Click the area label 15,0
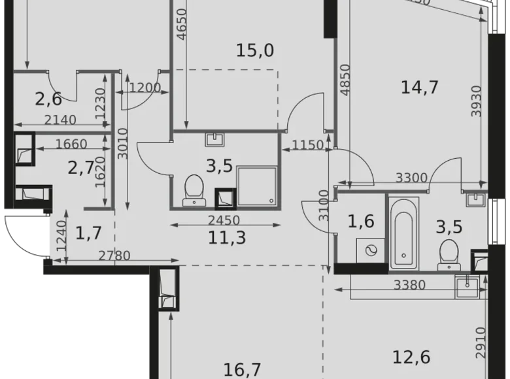click(x=255, y=50)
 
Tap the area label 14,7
click(x=418, y=86)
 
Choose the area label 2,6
click(x=48, y=99)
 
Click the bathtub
click(x=405, y=235)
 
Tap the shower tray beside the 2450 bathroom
click(x=256, y=186)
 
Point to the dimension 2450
click(x=223, y=220)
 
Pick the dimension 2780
click(x=113, y=255)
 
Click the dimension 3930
click(x=478, y=101)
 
